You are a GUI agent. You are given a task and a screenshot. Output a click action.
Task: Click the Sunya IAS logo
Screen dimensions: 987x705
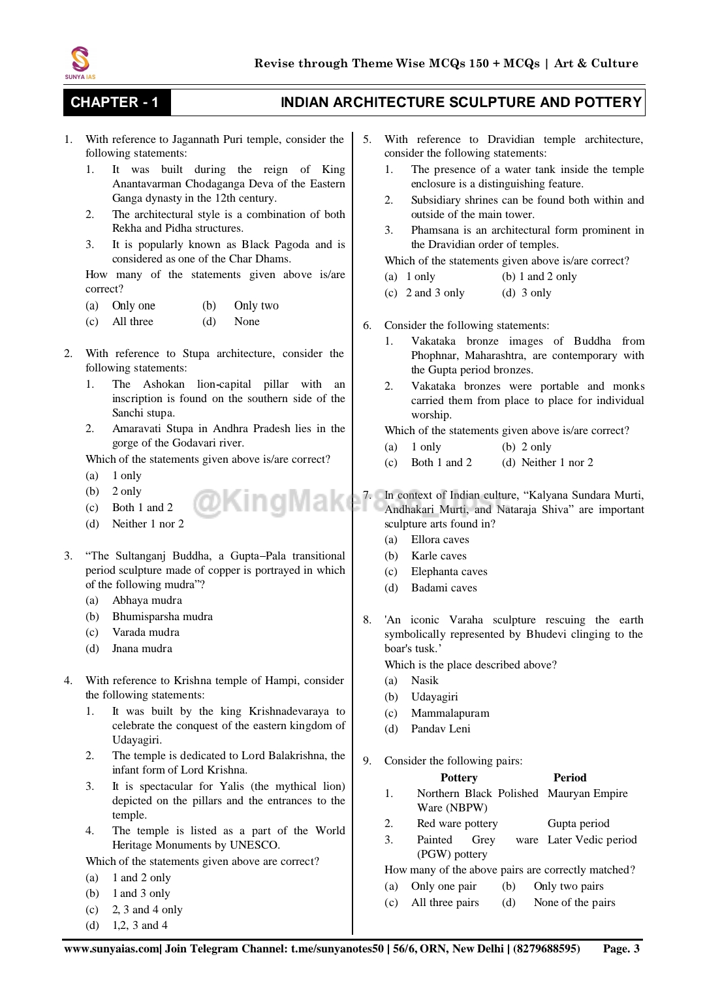coord(80,63)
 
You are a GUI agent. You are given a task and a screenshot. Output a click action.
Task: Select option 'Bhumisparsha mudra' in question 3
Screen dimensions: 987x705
coord(162,616)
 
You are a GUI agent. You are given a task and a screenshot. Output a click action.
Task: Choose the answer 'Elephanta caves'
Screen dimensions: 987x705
coord(448,571)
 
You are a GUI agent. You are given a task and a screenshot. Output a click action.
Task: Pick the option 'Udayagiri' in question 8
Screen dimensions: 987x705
coord(434,697)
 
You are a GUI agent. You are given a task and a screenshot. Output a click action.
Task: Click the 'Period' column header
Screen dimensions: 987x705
coord(569,777)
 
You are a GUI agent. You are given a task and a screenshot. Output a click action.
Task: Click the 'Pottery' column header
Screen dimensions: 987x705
coord(459,777)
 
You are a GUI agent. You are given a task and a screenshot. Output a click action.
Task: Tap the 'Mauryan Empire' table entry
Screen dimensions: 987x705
coord(587,793)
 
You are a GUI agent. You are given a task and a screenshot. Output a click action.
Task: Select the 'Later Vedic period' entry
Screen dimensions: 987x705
coord(592,839)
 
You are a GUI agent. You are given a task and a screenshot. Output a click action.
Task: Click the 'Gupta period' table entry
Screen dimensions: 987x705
coord(578,823)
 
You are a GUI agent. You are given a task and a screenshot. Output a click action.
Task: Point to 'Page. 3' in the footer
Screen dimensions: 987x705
coord(621,948)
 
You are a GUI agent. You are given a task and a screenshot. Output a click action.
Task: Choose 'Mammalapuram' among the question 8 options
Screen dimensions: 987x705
coord(450,713)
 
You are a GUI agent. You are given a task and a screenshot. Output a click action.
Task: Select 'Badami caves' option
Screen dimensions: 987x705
coord(444,587)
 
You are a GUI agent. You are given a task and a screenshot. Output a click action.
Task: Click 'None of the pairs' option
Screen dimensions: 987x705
coord(574,902)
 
